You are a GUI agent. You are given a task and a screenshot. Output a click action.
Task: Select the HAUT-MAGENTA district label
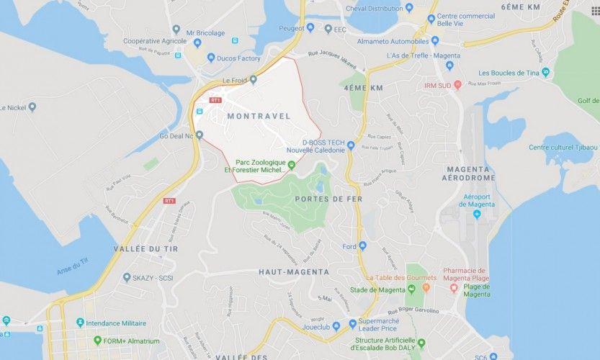[293, 272]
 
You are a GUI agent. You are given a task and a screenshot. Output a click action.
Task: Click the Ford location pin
[362, 246]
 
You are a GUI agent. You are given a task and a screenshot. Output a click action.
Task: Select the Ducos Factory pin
[211, 58]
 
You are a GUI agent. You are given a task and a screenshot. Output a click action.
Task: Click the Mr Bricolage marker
[176, 30]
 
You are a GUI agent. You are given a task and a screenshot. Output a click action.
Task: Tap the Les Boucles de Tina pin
[546, 73]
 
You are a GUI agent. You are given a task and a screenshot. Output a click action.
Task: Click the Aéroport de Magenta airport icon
[488, 205]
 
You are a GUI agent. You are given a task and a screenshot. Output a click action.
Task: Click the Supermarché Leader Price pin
[352, 324]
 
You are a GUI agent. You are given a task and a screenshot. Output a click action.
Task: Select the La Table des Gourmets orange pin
[426, 287]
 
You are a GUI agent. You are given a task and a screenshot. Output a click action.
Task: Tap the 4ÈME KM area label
[363, 87]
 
